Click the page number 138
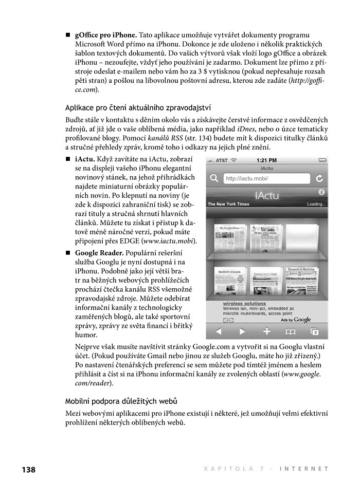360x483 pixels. [28, 469]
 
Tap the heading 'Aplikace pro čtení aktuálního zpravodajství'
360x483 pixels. [138, 107]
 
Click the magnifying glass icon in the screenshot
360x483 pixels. [214, 178]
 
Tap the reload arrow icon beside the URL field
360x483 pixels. [319, 178]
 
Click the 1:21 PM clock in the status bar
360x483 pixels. [266, 160]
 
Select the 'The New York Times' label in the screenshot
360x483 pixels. [228, 204]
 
